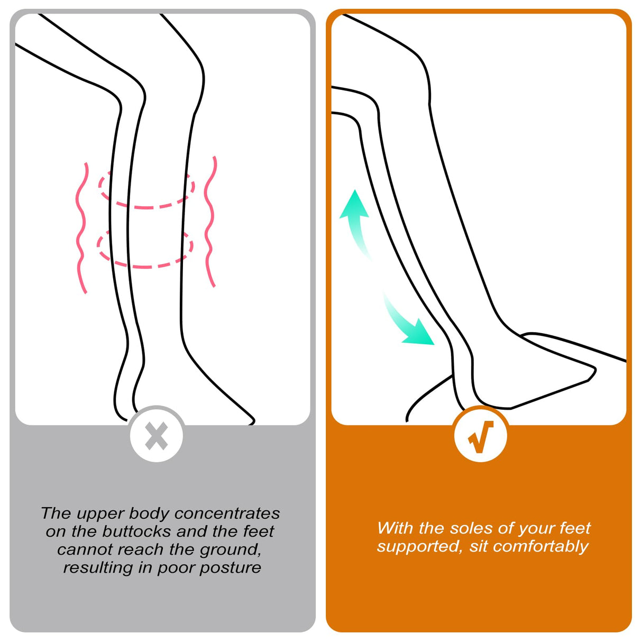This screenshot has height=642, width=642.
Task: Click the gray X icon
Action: pos(156,436)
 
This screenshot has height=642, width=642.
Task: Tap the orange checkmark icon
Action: pos(480,437)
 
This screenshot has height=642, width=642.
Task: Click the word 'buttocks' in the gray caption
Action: pos(137,531)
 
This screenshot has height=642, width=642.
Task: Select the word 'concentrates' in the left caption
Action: pos(227,513)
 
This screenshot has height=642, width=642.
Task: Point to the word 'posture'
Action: pos(230,568)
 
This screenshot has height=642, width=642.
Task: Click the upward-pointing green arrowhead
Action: pos(354,204)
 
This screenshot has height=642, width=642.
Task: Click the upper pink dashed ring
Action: pos(146,190)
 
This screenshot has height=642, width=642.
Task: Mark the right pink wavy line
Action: pos(210,222)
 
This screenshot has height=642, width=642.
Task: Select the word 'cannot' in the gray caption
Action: pos(85,549)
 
